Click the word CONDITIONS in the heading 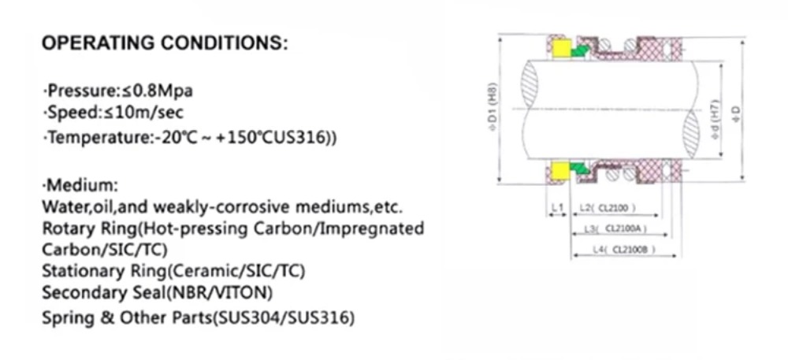click(224, 44)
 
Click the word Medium click(81, 187)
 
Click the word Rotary click(67, 229)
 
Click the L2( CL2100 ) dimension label click(608, 208)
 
